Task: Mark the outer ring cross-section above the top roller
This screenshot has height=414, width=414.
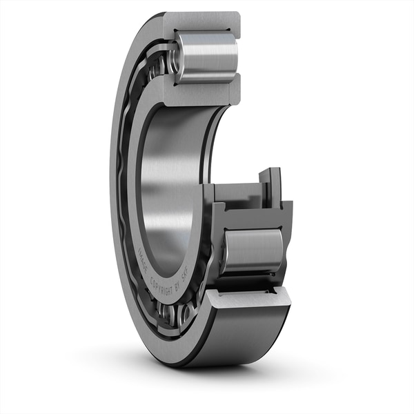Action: click(x=207, y=21)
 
